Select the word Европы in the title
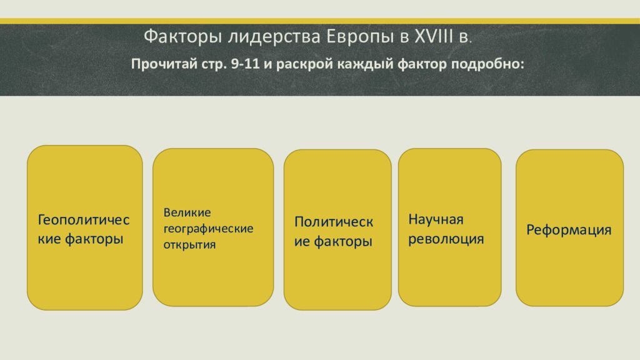coord(360,37)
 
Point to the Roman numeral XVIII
coord(434,36)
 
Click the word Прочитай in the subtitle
coord(164,64)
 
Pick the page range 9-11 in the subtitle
coord(245,64)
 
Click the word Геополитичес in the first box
coord(83,220)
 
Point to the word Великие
coord(187,212)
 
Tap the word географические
coord(208,229)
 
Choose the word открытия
coord(189,245)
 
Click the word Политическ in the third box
coord(334,222)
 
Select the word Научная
coord(436,219)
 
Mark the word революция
coord(446,239)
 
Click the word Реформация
coord(569,230)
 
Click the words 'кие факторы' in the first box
coord(81,239)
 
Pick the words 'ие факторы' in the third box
coord(333,242)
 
